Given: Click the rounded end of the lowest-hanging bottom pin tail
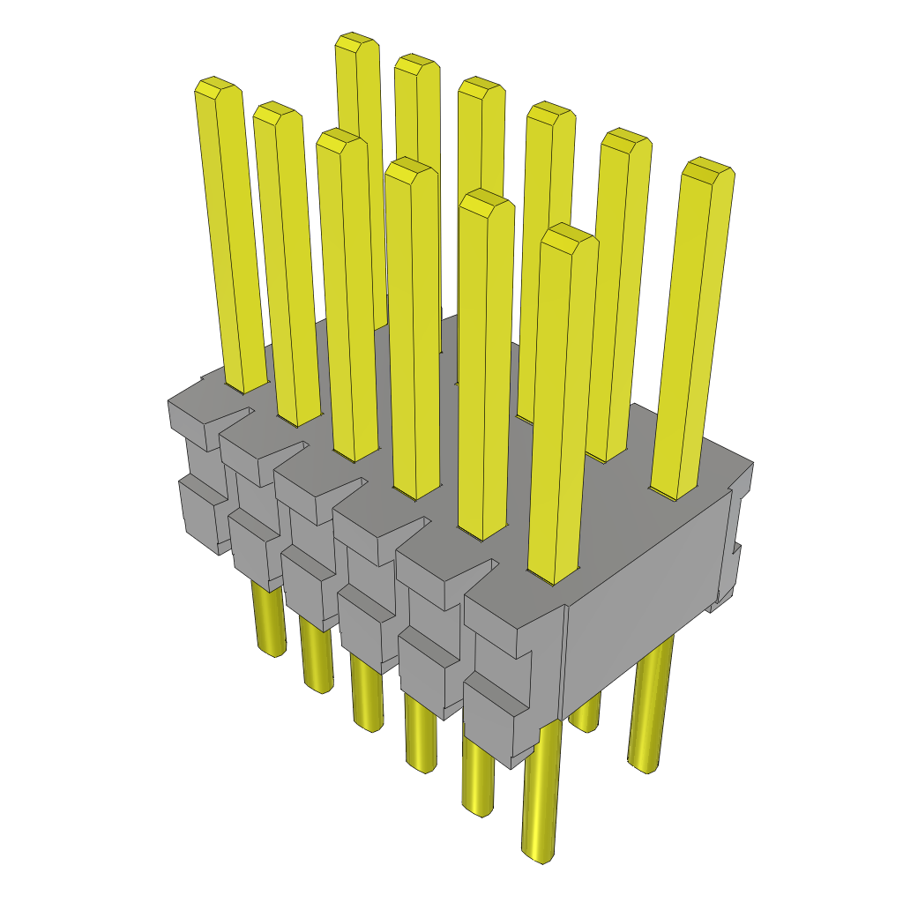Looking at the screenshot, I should point(540,854).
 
